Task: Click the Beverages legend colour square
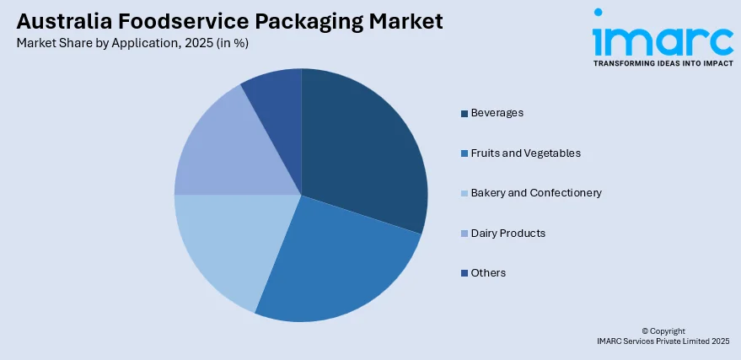pos(464,113)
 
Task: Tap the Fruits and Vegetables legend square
pos(464,153)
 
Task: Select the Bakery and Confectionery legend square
pos(464,193)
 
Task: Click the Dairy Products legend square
pos(464,234)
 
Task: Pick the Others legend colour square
pos(464,273)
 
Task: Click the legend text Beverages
pos(497,112)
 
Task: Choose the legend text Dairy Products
pos(507,233)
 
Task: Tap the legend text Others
pos(488,272)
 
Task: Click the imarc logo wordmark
pos(662,38)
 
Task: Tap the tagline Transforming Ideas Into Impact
pos(663,63)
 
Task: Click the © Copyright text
pos(663,330)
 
